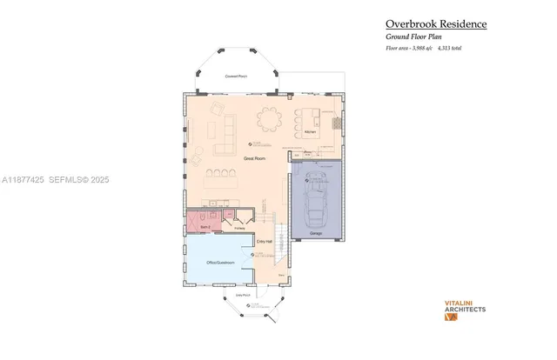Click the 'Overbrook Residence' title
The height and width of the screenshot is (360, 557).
(x=436, y=24)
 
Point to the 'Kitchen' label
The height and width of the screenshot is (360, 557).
(x=310, y=132)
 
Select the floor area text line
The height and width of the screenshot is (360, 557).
(x=423, y=48)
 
